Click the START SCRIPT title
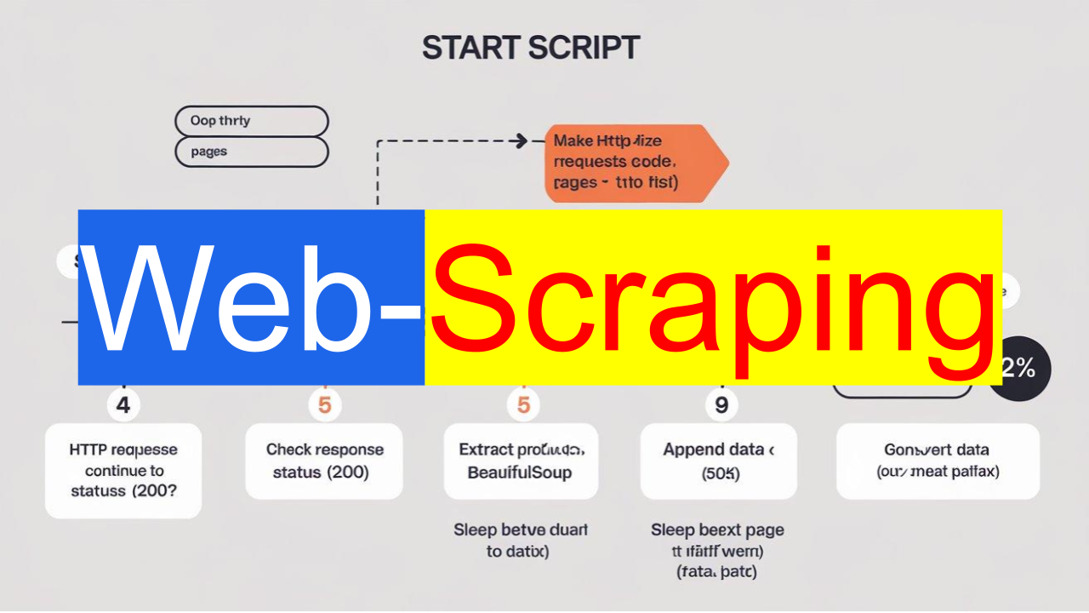530,48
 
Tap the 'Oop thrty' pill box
251,121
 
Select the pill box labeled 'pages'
251,152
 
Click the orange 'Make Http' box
630,163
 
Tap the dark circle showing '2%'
1020,369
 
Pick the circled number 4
123,405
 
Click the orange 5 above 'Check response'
324,405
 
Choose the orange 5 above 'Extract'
523,405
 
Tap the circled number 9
721,405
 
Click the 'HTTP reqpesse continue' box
123,470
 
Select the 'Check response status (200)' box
324,461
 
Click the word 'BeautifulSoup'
520,473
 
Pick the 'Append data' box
718,461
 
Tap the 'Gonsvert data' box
938,461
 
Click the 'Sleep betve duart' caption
520,541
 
